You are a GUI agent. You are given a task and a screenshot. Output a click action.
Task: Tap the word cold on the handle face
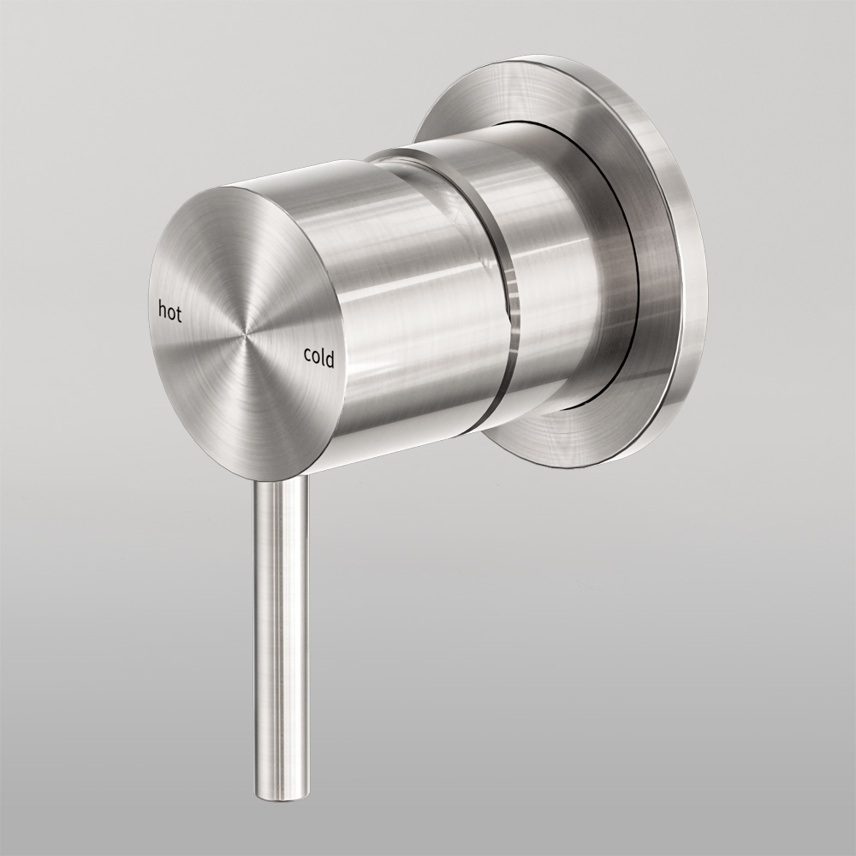[x=318, y=358]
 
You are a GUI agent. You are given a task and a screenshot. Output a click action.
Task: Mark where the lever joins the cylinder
[x=281, y=481]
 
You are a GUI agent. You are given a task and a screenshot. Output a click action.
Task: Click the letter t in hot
[x=180, y=312]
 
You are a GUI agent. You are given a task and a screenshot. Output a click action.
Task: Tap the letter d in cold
[x=330, y=359]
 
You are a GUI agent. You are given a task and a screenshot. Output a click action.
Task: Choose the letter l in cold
[x=322, y=357]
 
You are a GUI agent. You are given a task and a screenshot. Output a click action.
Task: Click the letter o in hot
[x=171, y=312]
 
